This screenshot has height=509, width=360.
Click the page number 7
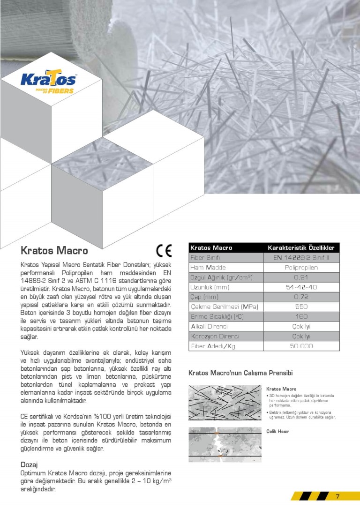click(x=337, y=497)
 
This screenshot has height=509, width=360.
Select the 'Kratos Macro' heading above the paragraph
click(x=54, y=250)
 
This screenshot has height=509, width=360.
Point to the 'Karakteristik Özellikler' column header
click(x=301, y=247)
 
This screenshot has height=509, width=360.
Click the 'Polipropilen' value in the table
click(x=301, y=267)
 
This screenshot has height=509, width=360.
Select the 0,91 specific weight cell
click(x=301, y=277)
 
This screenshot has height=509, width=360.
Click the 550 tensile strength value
click(x=301, y=307)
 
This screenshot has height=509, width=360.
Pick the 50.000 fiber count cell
click(x=301, y=346)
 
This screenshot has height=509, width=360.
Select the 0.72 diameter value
click(x=301, y=297)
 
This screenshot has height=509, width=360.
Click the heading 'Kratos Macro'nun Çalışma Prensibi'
click(x=240, y=373)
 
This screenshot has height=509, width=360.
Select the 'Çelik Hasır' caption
click(x=277, y=431)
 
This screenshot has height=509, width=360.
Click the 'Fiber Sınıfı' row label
click(x=205, y=257)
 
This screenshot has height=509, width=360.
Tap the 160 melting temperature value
click(x=301, y=316)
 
